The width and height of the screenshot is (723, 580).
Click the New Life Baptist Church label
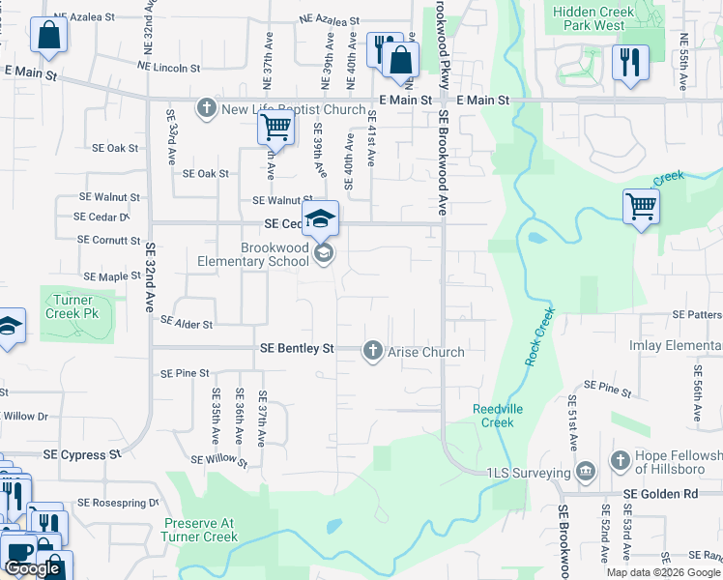293,109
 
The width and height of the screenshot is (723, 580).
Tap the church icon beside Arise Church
373,352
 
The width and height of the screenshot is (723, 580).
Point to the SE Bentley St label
297,348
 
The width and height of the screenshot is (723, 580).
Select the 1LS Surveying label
528,473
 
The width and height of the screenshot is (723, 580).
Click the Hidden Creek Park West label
593,18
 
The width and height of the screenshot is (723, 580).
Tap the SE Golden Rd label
660,494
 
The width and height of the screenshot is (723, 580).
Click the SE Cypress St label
82,453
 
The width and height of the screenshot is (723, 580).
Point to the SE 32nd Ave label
152,275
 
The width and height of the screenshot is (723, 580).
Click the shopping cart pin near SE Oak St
276,126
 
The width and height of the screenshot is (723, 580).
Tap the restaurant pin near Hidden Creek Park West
630,63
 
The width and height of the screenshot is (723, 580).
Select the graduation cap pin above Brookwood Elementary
321,219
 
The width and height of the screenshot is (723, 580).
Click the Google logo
33,568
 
